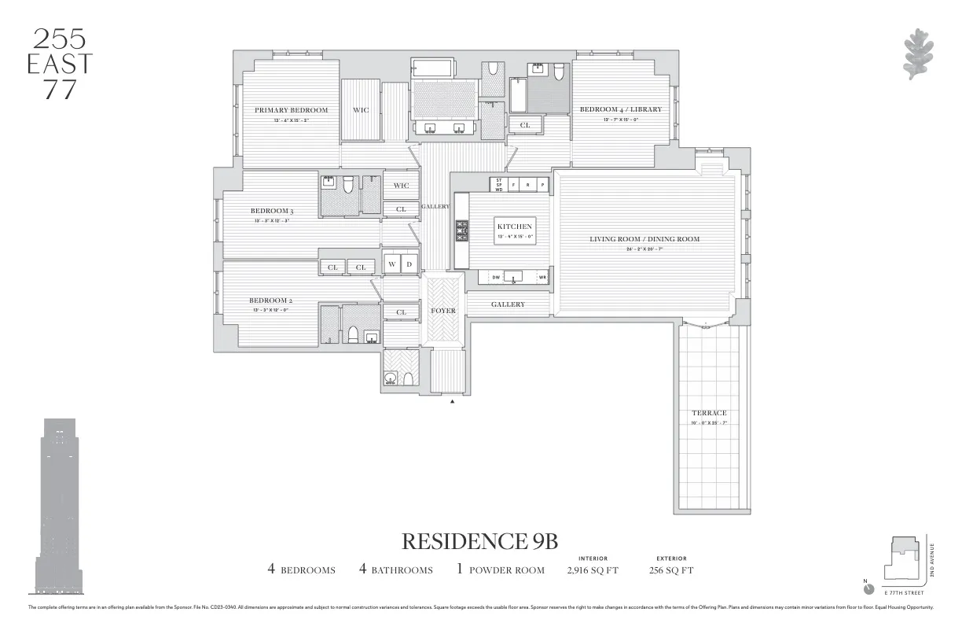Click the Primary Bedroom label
tap(291, 110)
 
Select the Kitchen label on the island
tap(514, 227)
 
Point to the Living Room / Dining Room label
tap(644, 239)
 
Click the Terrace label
tap(709, 413)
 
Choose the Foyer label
tap(443, 311)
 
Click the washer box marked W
tap(391, 265)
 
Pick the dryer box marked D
tap(409, 265)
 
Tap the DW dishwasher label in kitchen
tap(496, 277)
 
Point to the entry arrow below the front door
tap(452, 402)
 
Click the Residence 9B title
tap(479, 541)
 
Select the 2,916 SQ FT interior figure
tap(593, 570)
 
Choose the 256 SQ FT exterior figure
tap(671, 570)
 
